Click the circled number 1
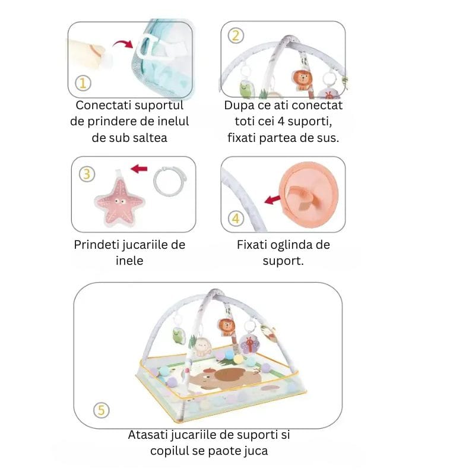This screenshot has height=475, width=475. (83, 83)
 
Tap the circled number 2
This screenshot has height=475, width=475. (236, 36)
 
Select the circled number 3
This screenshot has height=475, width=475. (87, 174)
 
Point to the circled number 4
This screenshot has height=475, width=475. (236, 218)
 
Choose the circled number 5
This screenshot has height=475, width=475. (101, 410)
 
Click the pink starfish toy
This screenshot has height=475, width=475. (119, 201)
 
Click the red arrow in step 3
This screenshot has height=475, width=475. (139, 169)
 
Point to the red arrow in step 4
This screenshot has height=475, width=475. (273, 199)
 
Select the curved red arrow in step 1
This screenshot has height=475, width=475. (123, 43)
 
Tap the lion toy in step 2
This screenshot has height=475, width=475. (302, 80)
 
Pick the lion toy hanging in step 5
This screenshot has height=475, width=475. (226, 328)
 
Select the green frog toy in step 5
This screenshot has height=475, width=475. (177, 336)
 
